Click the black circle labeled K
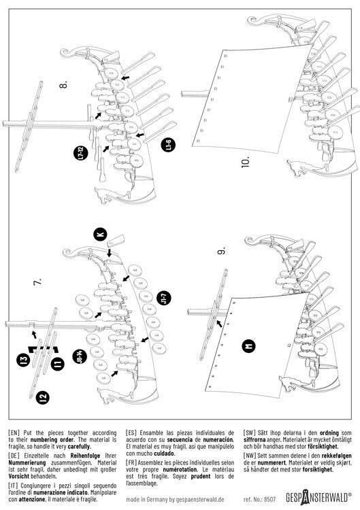point(101,234)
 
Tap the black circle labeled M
point(249,346)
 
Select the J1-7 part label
point(165,298)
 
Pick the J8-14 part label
point(80,356)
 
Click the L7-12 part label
point(80,152)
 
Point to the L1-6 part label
point(168,144)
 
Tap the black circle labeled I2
point(43,397)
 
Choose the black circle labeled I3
point(23,360)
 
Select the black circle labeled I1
point(57,363)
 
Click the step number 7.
point(37,282)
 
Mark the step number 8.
point(63,84)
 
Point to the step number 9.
point(221,251)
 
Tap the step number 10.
point(246,162)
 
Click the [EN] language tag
point(14,433)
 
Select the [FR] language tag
point(131,462)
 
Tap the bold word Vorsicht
point(19,476)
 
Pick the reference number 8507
point(269,499)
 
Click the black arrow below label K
point(110,252)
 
